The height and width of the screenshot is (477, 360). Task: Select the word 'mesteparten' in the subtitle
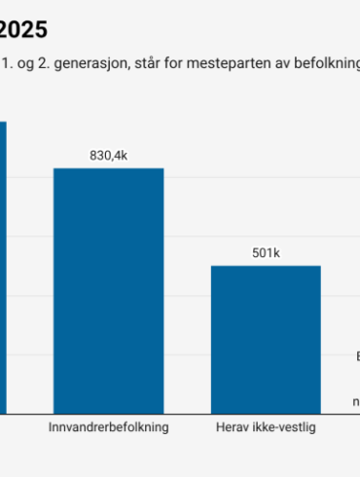[x=233, y=65]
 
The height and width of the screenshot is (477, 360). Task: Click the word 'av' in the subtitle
[x=284, y=65]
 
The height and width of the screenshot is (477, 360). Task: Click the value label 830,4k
[x=108, y=156]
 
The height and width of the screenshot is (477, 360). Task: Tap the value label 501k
[x=266, y=253]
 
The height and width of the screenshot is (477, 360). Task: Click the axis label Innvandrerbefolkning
[x=108, y=427]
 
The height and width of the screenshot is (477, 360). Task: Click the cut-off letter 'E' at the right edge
[x=357, y=355]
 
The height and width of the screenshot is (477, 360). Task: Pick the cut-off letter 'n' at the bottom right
[x=356, y=401]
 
